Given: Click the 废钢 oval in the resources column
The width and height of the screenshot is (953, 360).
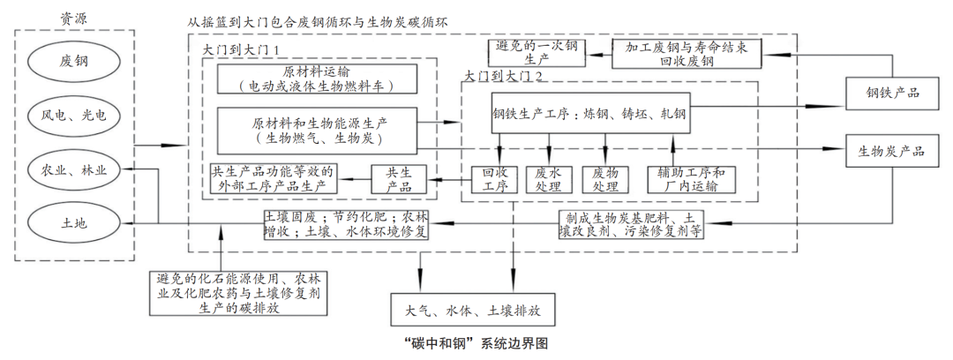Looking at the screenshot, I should pyautogui.click(x=75, y=62).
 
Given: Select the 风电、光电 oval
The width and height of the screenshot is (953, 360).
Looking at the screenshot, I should pyautogui.click(x=75, y=115).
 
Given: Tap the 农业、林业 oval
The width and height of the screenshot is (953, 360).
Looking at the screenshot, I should pyautogui.click(x=75, y=169).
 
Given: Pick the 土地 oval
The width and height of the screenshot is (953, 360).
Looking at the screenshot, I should pyautogui.click(x=75, y=222).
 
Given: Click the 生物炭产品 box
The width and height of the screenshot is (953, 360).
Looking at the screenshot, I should pyautogui.click(x=892, y=151).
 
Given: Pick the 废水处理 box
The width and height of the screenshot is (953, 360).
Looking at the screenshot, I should pyautogui.click(x=549, y=179).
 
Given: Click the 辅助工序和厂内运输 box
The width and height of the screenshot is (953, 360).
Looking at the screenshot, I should pyautogui.click(x=690, y=179).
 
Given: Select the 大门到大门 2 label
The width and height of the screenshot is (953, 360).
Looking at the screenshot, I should pyautogui.click(x=507, y=77).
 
